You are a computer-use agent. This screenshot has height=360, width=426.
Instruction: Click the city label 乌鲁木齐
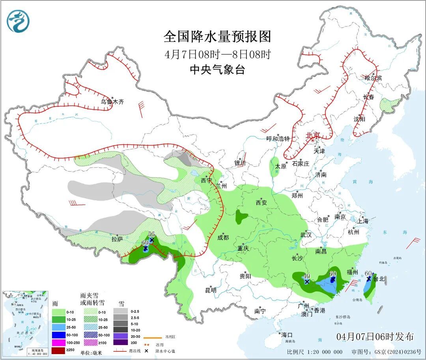click(112, 102)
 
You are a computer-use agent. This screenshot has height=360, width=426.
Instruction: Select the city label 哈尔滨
click(373, 78)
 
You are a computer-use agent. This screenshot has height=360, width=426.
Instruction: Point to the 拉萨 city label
click(117, 239)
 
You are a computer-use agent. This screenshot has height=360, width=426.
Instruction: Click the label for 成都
click(223, 237)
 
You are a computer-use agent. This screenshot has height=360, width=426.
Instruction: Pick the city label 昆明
click(211, 290)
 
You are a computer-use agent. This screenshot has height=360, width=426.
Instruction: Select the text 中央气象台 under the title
click(217, 70)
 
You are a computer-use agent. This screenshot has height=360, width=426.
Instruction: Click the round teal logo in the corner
click(18, 21)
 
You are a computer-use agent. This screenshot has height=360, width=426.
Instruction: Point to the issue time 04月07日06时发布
click(375, 336)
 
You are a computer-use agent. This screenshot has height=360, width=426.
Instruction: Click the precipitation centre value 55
click(151, 234)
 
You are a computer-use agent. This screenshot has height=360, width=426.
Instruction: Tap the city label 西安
click(261, 203)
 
